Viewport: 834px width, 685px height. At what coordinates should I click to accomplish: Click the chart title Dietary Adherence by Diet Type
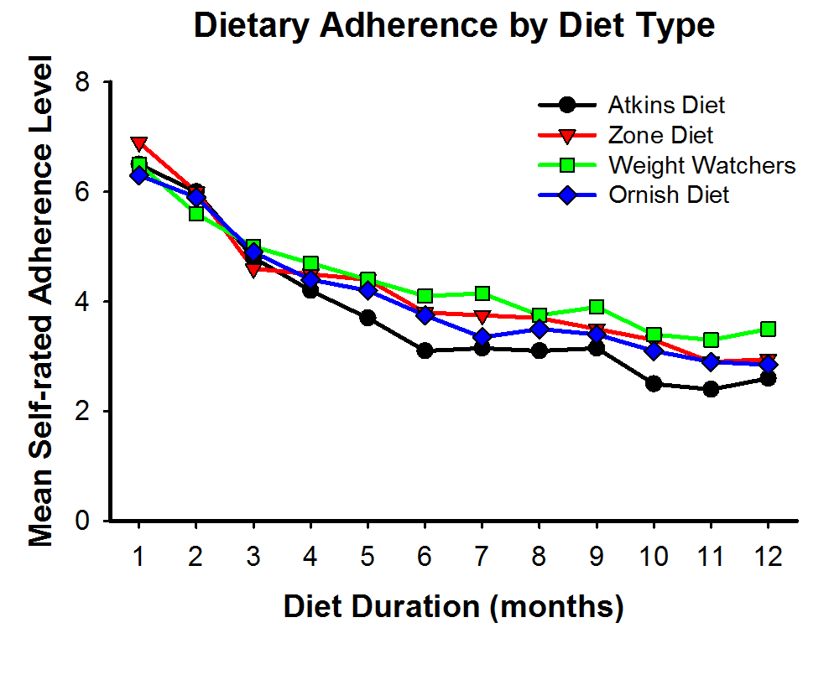(454, 25)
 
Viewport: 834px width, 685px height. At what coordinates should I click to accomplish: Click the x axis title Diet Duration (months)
(453, 605)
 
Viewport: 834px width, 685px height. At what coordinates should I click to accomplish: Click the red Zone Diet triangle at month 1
(138, 144)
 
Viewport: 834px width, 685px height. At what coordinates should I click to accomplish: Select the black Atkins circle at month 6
(425, 350)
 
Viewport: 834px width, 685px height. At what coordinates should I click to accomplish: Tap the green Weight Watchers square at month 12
(768, 329)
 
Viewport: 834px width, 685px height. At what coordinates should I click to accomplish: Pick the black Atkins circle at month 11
(711, 389)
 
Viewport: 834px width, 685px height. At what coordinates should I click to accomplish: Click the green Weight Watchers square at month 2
(195, 214)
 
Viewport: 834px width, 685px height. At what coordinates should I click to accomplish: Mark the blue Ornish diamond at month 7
(482, 337)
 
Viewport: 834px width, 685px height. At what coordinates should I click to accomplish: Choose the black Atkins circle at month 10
(654, 383)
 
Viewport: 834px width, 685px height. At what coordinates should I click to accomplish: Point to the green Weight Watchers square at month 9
(597, 307)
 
